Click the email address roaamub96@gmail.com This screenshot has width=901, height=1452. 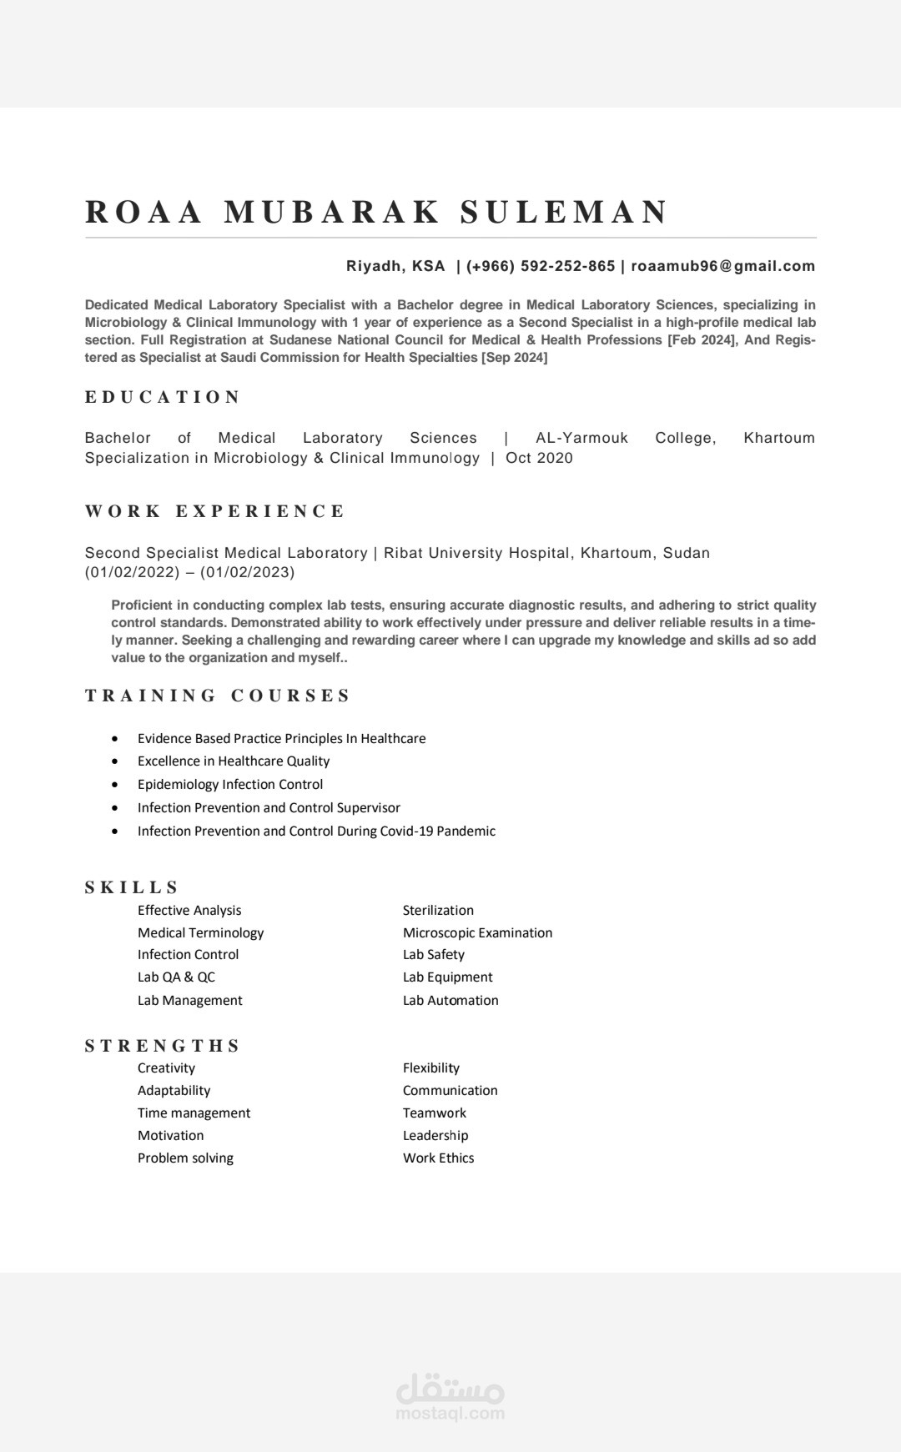(722, 266)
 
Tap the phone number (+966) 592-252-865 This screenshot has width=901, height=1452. (541, 266)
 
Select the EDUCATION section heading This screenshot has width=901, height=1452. (163, 397)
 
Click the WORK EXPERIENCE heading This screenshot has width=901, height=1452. (214, 511)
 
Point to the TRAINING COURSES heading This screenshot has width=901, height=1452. (218, 696)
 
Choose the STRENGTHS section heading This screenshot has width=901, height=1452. (162, 1046)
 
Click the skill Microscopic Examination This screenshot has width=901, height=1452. (477, 932)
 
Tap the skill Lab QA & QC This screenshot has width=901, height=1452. (176, 977)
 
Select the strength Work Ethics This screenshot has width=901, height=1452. (438, 1158)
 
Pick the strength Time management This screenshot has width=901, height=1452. (194, 1113)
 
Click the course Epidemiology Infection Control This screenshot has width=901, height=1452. (230, 784)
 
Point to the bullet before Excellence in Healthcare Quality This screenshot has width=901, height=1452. (115, 761)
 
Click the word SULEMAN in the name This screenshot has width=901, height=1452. (564, 212)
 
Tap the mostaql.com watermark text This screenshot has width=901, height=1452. (450, 1413)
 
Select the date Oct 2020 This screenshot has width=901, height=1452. (539, 458)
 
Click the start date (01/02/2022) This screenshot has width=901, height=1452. (133, 572)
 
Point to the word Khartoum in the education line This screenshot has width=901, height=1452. (778, 438)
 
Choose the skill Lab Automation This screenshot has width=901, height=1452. (450, 1000)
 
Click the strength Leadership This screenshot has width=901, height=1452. (435, 1135)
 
